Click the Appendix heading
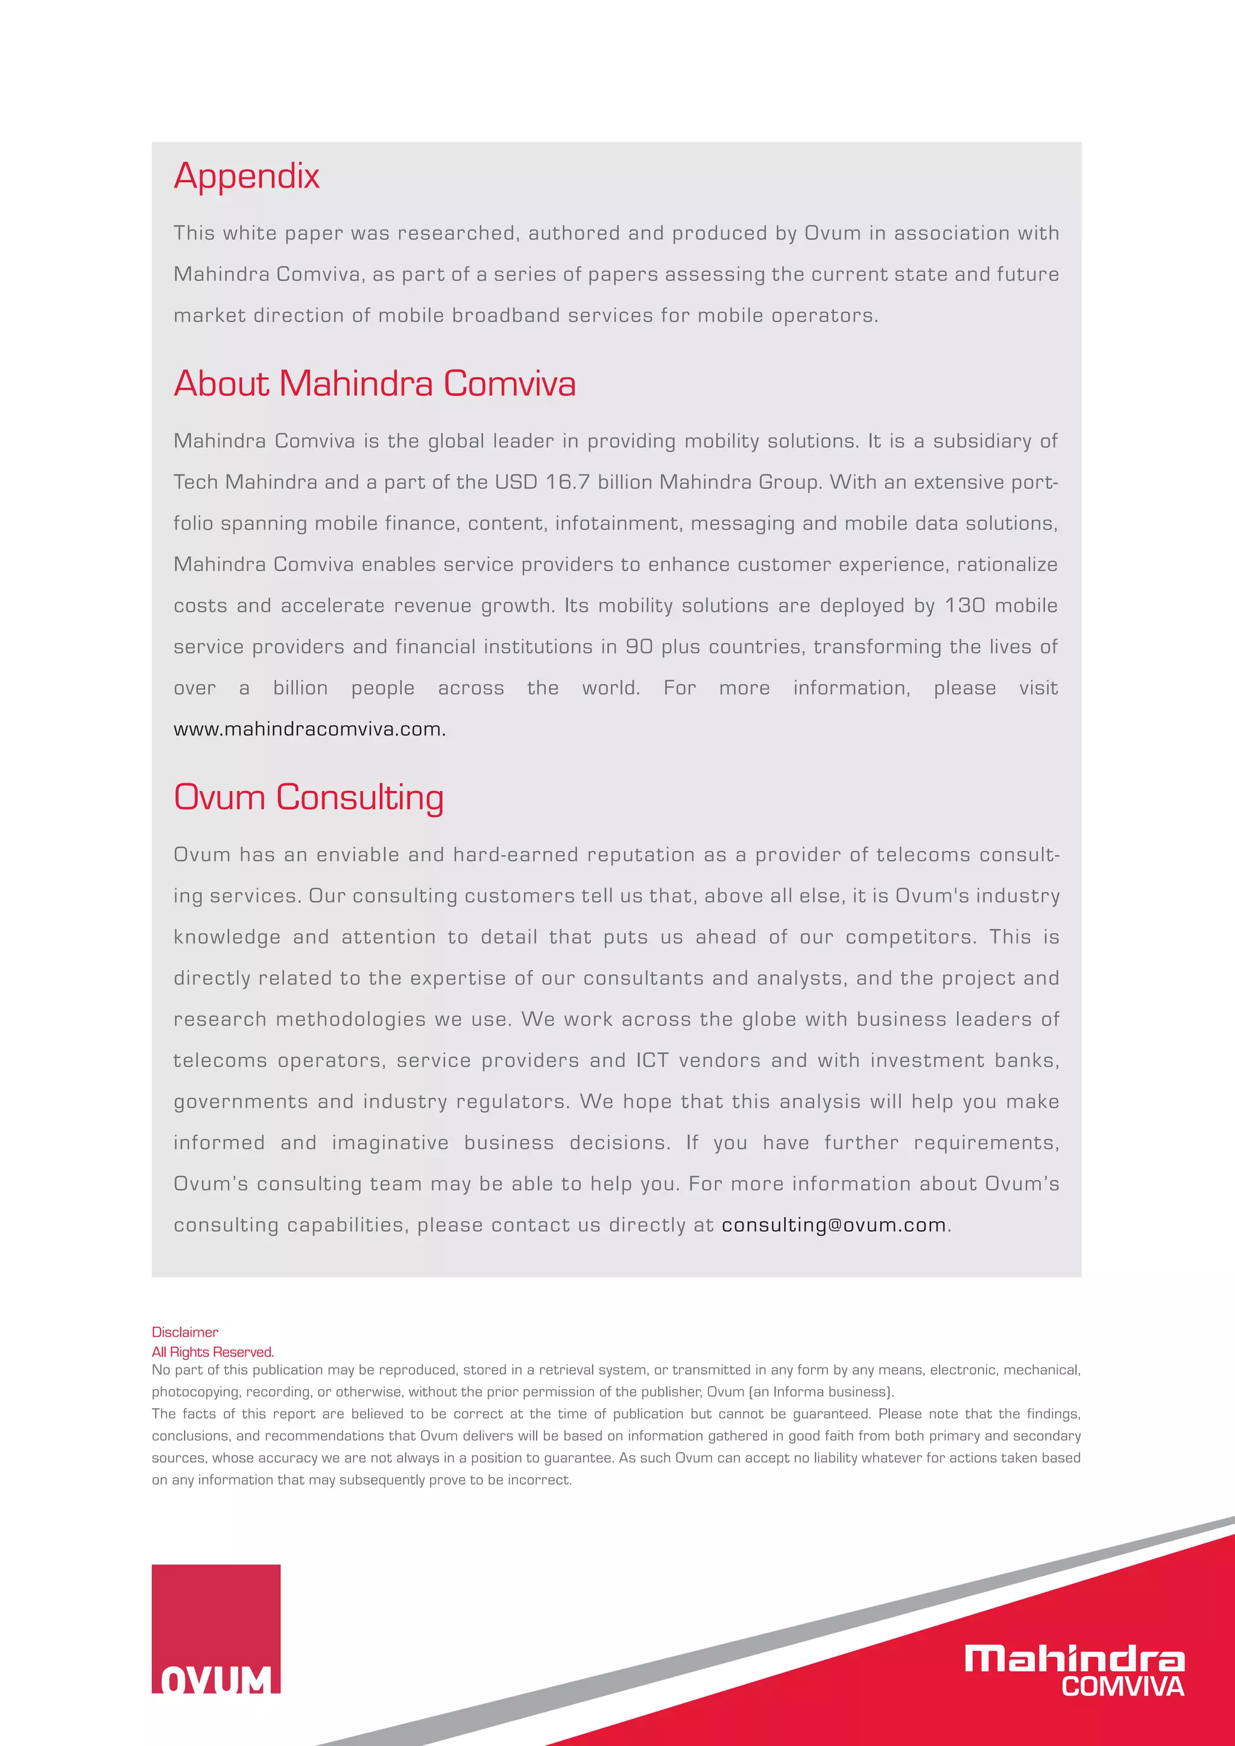(247, 177)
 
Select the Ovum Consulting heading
(308, 798)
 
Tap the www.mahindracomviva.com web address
(309, 730)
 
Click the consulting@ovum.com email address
(833, 1225)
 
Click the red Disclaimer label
(185, 1332)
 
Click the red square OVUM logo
(216, 1628)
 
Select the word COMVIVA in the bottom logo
(1122, 1687)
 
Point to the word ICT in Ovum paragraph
(652, 1061)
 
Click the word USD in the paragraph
(516, 483)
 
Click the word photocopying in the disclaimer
(195, 1392)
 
